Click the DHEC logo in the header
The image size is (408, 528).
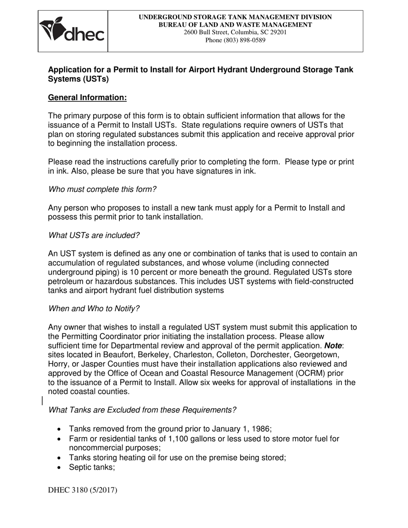pos(72,30)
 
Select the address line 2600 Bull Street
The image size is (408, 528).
pos(235,32)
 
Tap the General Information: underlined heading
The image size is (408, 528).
pos(87,97)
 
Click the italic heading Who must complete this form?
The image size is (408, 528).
pos(102,189)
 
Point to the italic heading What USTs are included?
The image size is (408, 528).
pos(94,235)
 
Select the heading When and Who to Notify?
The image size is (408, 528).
pos(94,309)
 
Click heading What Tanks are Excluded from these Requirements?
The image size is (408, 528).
pos(142,410)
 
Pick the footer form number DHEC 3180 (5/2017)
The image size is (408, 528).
pos(82,490)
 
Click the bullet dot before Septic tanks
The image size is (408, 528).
pos(59,467)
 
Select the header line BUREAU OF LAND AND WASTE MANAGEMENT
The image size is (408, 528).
pos(235,24)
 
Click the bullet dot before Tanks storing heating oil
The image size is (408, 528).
pos(59,458)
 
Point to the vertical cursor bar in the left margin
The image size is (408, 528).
pos(42,401)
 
